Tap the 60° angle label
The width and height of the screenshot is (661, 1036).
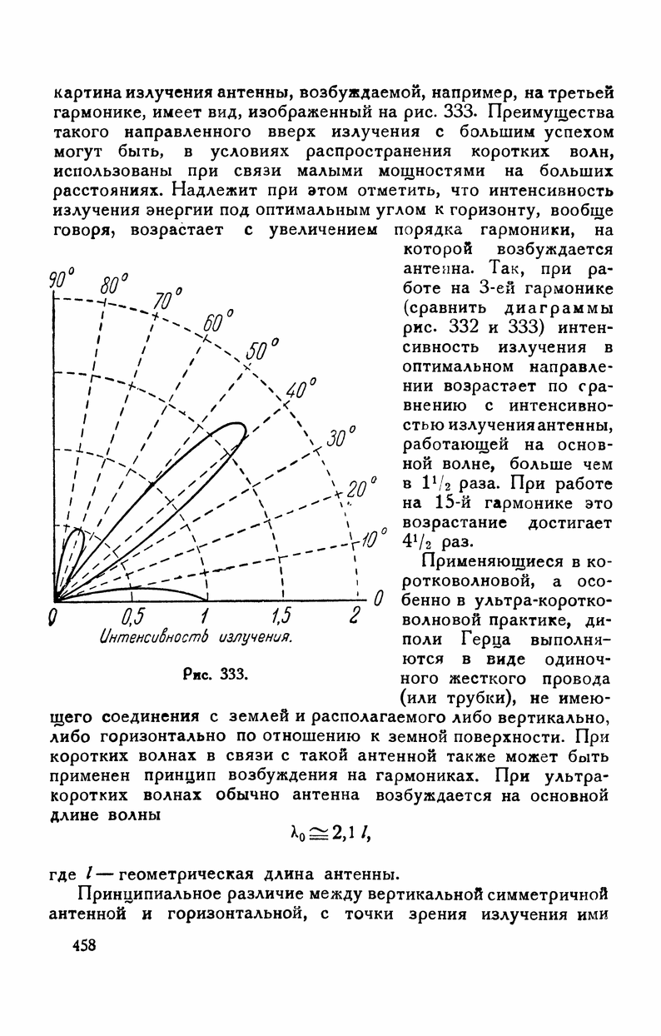[221, 322]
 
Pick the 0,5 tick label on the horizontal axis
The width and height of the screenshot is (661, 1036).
[133, 616]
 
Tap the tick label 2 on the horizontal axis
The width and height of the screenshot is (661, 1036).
[355, 616]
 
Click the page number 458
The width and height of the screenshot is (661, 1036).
[72, 946]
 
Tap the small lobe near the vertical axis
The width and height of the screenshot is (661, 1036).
[72, 545]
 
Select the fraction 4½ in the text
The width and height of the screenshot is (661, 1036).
[414, 541]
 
